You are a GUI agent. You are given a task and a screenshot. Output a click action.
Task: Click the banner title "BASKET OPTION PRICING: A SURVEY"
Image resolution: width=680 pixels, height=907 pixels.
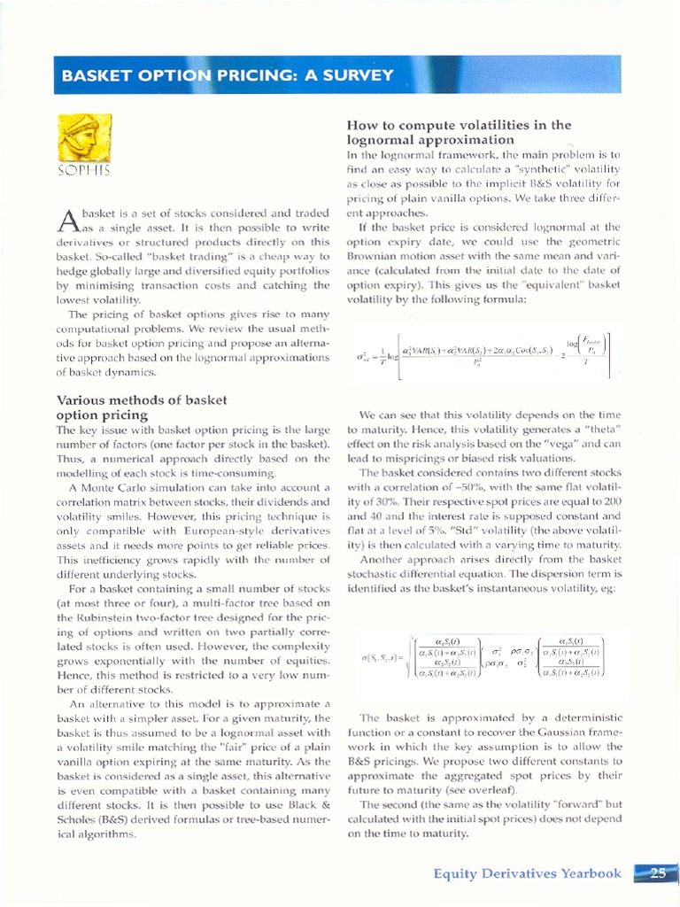tap(228, 76)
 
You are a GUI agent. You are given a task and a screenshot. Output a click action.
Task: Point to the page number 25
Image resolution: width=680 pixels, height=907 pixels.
tap(657, 873)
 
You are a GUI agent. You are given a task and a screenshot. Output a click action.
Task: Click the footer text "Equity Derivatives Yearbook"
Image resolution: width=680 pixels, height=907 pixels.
tap(528, 873)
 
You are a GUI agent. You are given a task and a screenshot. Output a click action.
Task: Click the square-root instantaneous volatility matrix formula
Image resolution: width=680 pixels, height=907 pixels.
tap(483, 657)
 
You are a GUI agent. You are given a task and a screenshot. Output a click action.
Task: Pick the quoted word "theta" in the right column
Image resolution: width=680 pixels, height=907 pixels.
tap(599, 430)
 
